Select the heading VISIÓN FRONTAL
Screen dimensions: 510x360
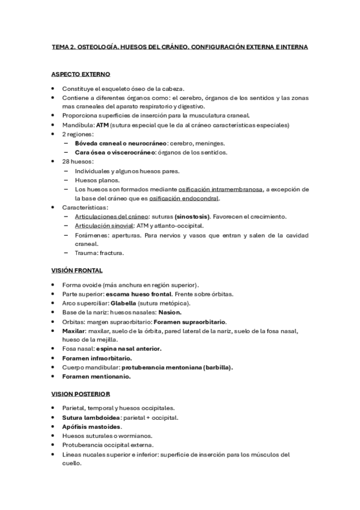point(77,270)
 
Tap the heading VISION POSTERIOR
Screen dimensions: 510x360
point(81,394)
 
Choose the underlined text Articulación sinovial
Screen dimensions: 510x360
point(103,226)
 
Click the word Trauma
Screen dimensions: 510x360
point(87,253)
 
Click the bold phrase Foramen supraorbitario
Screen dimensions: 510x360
point(189,322)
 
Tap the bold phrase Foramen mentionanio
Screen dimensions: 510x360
point(96,376)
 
